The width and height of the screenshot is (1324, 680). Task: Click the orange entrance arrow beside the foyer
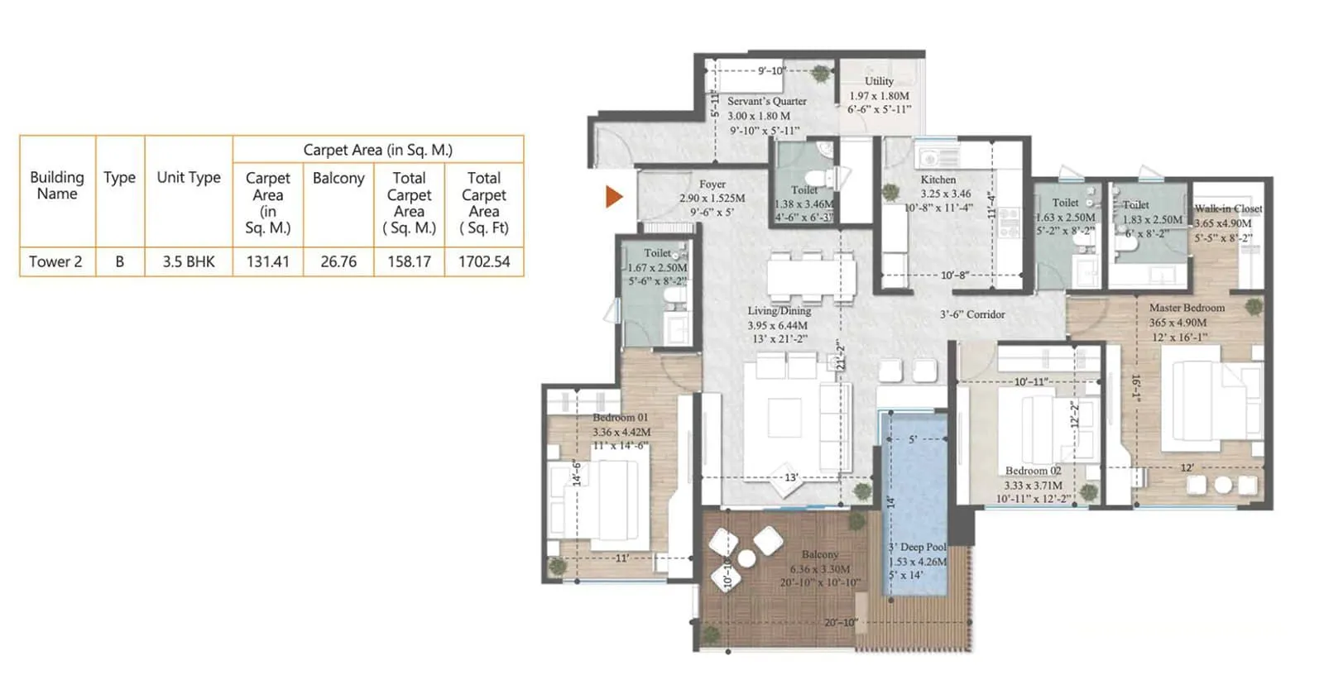pyautogui.click(x=613, y=196)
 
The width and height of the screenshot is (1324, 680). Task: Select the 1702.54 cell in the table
pyautogui.click(x=484, y=261)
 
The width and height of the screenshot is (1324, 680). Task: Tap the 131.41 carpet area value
pyautogui.click(x=268, y=261)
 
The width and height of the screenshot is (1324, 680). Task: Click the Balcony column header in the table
pyautogui.click(x=338, y=178)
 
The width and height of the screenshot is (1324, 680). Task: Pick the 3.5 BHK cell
pyautogui.click(x=189, y=261)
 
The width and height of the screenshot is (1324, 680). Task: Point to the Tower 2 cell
pyautogui.click(x=56, y=261)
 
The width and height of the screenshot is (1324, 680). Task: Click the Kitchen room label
pyautogui.click(x=938, y=180)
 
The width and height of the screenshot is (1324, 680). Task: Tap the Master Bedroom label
pyautogui.click(x=1187, y=308)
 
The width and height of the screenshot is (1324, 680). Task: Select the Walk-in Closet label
pyautogui.click(x=1228, y=208)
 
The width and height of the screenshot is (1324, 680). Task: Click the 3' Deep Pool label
pyautogui.click(x=917, y=547)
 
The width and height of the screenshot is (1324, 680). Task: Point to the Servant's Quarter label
pyautogui.click(x=766, y=101)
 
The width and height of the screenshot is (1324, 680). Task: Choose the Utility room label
pyautogui.click(x=879, y=81)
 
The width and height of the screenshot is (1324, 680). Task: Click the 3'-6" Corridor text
pyautogui.click(x=972, y=314)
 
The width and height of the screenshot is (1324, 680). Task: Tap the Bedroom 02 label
pyautogui.click(x=1033, y=471)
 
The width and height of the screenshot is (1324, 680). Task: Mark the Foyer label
pyautogui.click(x=712, y=184)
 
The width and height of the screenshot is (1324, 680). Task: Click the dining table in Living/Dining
pyautogui.click(x=810, y=278)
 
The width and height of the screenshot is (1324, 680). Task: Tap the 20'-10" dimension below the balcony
pyautogui.click(x=840, y=622)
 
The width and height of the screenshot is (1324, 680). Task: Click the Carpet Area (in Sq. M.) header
pyautogui.click(x=377, y=150)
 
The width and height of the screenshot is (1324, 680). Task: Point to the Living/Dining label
pyautogui.click(x=779, y=311)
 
